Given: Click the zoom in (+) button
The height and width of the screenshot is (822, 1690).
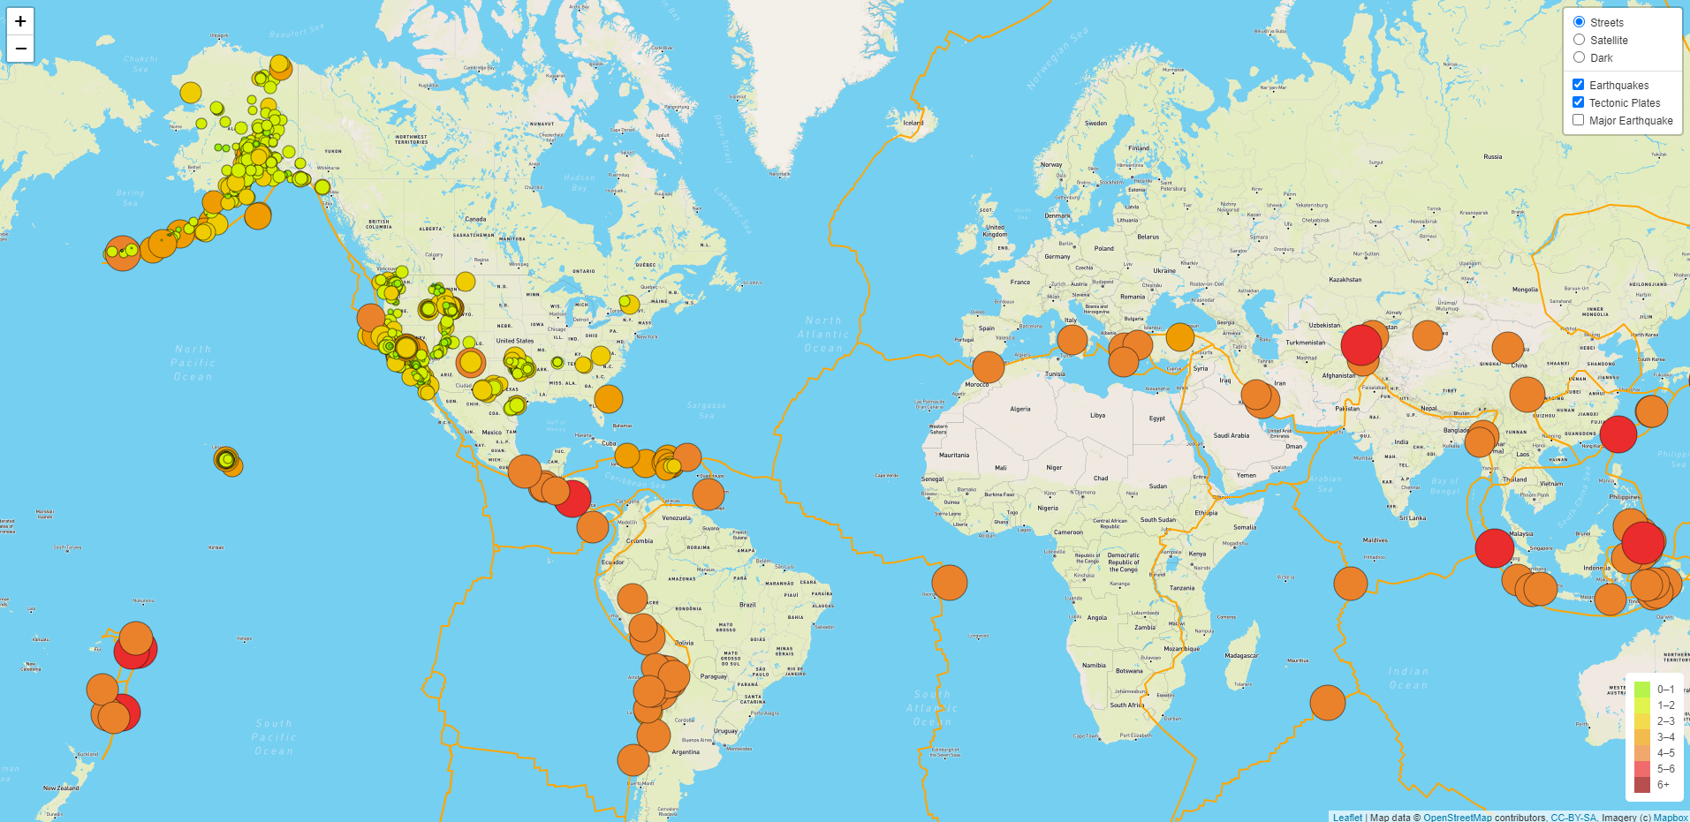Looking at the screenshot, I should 20,21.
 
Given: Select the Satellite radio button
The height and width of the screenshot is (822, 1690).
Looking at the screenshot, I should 1579,40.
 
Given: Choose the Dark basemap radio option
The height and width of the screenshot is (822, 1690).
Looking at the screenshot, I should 1579,57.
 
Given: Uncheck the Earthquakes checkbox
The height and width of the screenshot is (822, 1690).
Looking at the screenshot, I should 1578,85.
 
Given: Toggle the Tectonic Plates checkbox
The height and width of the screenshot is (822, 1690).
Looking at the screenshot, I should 1578,102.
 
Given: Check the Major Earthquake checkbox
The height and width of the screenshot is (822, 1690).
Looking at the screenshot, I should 1578,120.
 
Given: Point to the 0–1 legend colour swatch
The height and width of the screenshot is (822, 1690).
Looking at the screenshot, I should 1642,689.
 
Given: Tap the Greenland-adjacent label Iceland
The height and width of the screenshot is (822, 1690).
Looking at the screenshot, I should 913,123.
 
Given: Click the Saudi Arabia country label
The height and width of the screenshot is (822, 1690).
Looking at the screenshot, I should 1231,435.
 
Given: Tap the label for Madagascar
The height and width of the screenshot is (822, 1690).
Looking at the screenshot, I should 1241,655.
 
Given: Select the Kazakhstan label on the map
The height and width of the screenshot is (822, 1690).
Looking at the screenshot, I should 1345,280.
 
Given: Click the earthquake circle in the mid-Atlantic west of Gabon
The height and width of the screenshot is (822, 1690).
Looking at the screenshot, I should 950,583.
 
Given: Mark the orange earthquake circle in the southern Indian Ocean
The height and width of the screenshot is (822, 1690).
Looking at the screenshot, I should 1327,703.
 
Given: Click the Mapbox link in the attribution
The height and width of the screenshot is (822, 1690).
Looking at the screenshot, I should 1671,818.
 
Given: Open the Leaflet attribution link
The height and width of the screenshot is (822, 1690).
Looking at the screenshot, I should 1347,818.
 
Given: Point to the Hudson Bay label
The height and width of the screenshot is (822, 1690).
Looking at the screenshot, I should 580,182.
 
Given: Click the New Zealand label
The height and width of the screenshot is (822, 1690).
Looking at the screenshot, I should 61,788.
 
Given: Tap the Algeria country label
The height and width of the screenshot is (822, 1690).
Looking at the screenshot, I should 1020,409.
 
